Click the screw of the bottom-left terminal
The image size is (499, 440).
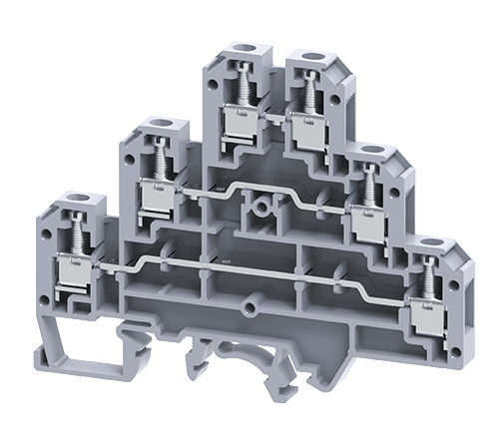pyautogui.click(x=72, y=235)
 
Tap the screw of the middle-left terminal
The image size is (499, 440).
pyautogui.click(x=158, y=159)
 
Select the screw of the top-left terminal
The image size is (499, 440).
pyautogui.click(x=241, y=86)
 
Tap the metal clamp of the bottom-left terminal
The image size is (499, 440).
pyautogui.click(x=73, y=269)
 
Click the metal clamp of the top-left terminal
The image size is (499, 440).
pyautogui.click(x=241, y=122)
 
